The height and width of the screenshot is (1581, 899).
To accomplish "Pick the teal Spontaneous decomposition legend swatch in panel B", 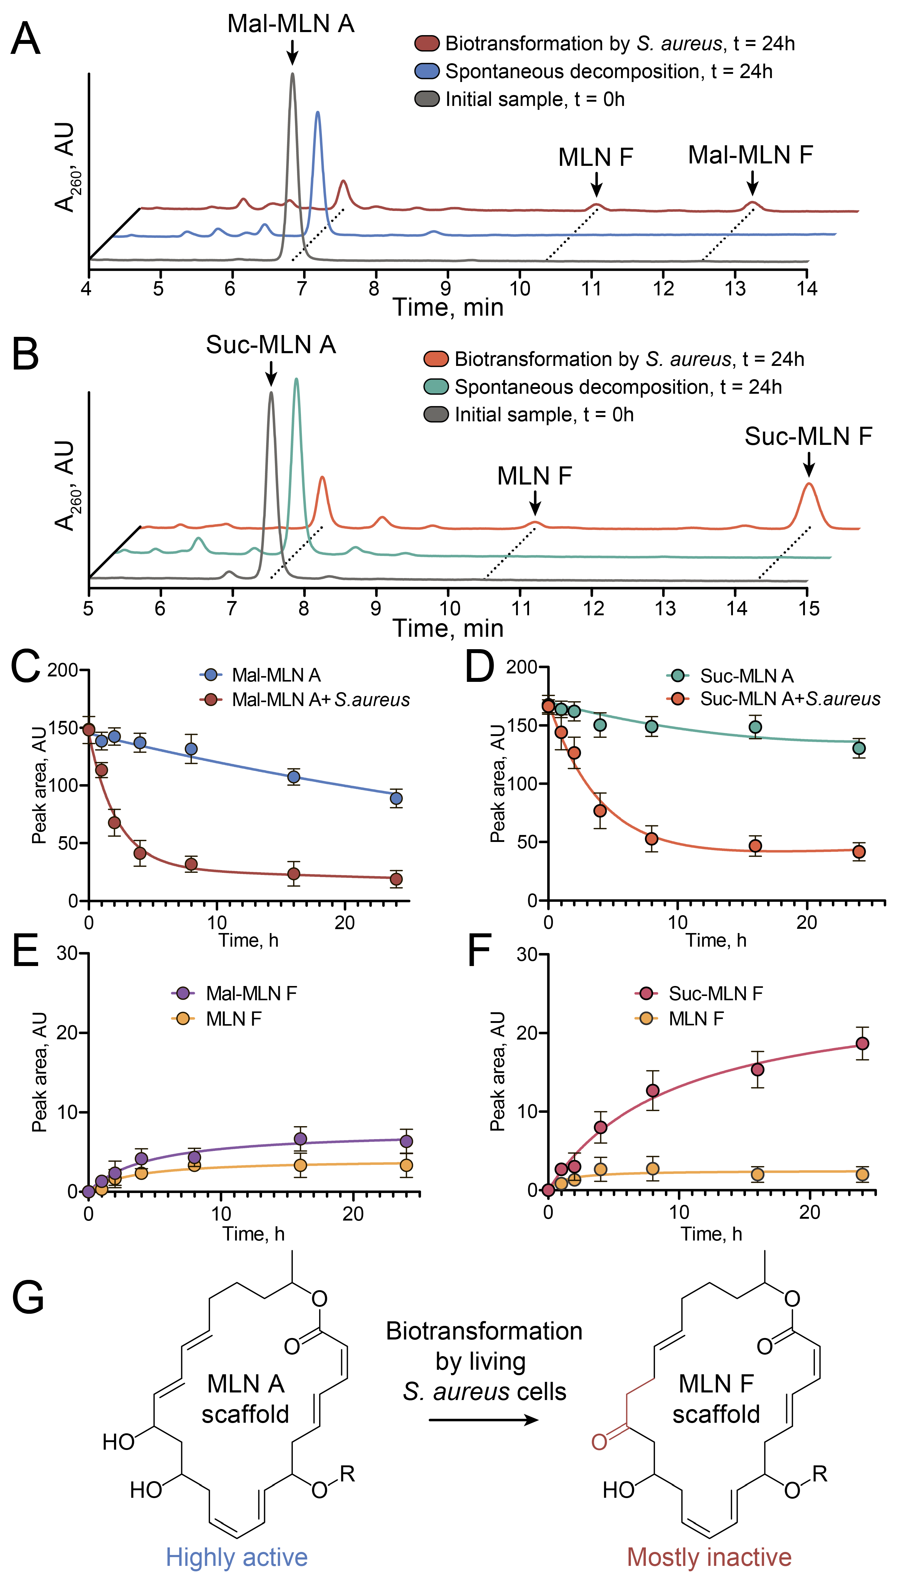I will (436, 387).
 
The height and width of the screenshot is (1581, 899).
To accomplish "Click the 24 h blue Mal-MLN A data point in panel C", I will (396, 799).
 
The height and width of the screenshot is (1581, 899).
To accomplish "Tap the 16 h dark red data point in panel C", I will (294, 874).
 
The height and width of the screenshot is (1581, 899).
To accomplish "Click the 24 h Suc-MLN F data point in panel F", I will (863, 1044).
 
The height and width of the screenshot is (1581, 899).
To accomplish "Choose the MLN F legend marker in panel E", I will (183, 1018).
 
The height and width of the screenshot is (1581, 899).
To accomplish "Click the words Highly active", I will (237, 1557).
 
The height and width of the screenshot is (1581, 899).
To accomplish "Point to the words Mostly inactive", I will (709, 1557).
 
